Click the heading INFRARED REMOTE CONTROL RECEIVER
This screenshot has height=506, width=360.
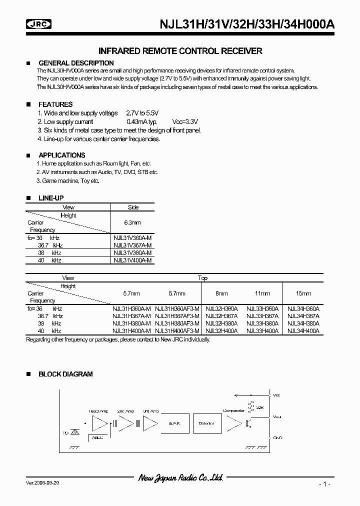click(x=180, y=51)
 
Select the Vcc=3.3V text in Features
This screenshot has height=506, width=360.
click(x=185, y=121)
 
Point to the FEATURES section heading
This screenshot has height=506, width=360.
click(x=55, y=104)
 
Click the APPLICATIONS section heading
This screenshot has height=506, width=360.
click(x=61, y=155)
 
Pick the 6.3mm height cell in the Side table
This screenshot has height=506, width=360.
click(x=132, y=222)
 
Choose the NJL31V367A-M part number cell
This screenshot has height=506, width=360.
click(x=132, y=245)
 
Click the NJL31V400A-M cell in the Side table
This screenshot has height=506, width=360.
click(x=132, y=260)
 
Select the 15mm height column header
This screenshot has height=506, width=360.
click(x=303, y=293)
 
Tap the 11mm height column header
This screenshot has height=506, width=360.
click(x=262, y=293)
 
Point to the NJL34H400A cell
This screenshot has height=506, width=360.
click(x=303, y=331)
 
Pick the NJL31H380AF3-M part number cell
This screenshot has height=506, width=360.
click(x=177, y=323)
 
